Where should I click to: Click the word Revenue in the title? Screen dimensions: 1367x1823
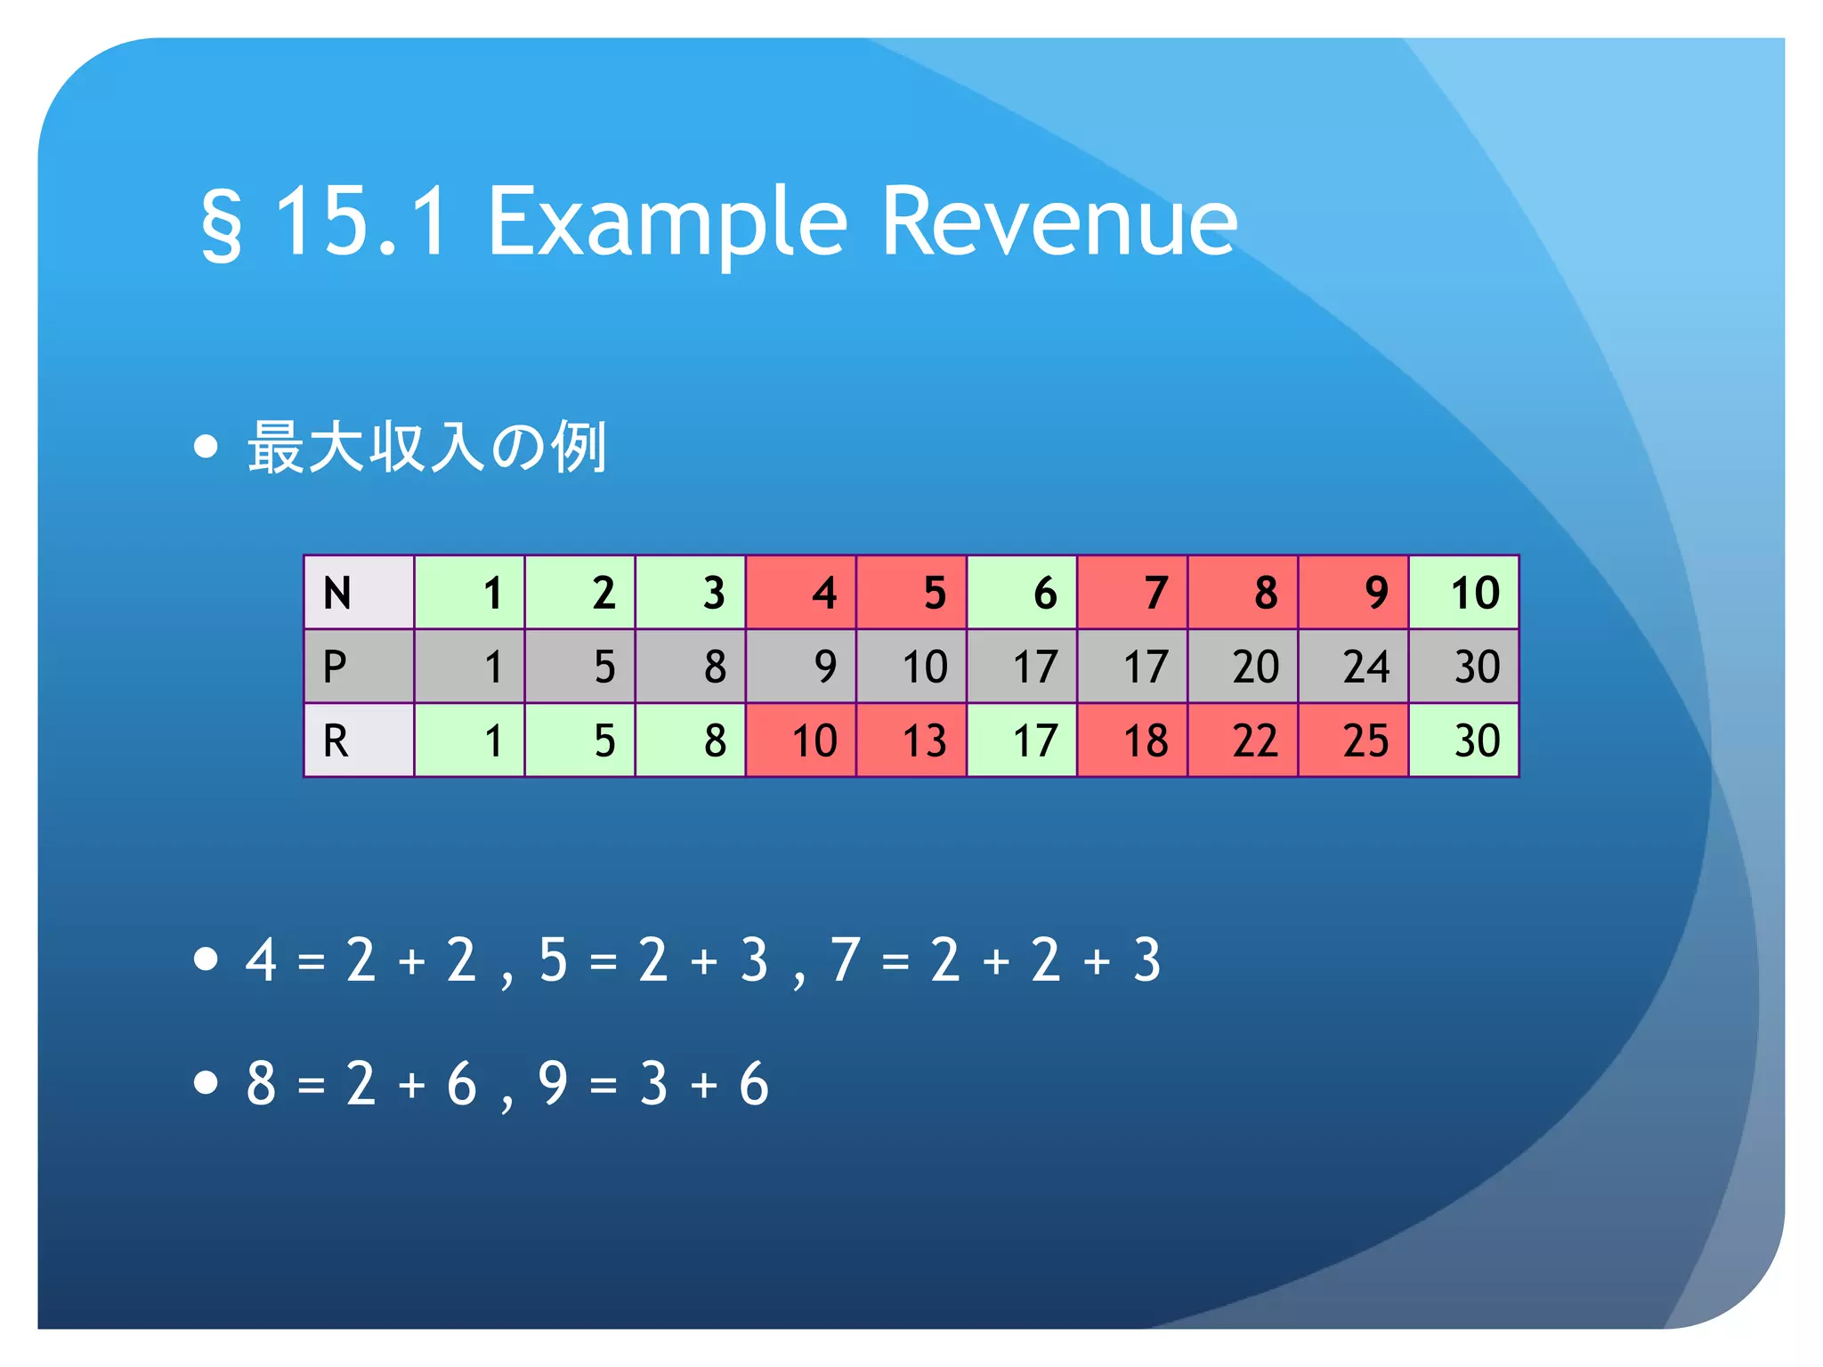coord(1058,222)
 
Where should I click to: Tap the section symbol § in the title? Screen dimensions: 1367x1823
coord(221,224)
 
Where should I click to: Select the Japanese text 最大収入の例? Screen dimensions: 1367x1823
coord(427,447)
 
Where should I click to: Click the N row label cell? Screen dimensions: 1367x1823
coord(359,593)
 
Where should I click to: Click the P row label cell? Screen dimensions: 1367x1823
coord(359,667)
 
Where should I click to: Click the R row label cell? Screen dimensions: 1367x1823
coord(359,740)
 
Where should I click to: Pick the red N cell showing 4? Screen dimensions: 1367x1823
coord(800,593)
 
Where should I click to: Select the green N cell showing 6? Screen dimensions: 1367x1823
coord(1022,593)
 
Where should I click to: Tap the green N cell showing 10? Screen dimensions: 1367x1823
coord(1463,593)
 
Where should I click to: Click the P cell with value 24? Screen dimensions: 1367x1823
coord(1353,667)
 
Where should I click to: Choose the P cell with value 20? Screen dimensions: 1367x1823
coord(1243,667)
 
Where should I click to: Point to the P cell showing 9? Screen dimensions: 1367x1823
coord(800,667)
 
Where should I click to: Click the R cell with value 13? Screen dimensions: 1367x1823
coord(911,740)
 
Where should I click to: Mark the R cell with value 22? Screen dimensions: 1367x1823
coord(1243,740)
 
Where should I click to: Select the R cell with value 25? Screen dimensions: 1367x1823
coord(1353,740)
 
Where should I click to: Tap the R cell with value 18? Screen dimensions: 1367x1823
coord(1132,740)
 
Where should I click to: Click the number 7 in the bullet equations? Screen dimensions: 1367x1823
coord(845,960)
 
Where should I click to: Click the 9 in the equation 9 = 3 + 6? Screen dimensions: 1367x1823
coord(553,1084)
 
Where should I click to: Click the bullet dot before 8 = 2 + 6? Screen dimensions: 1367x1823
coord(206,1082)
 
